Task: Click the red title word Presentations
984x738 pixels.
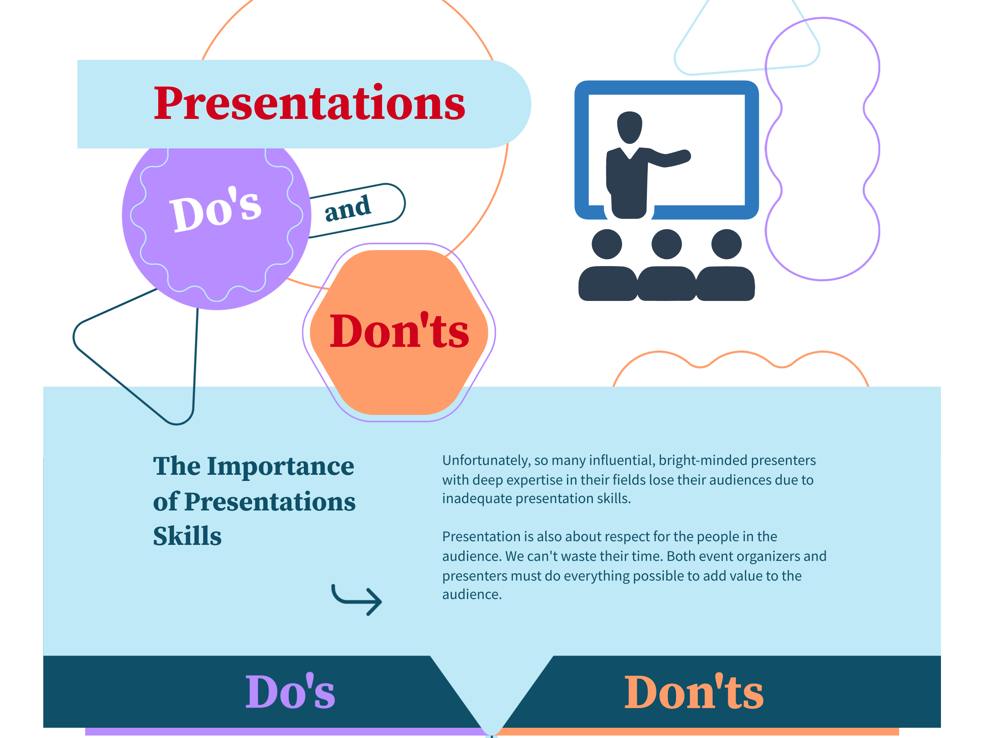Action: coord(309,103)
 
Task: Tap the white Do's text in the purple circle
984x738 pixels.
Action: coord(215,209)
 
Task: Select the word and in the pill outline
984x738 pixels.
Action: coord(347,208)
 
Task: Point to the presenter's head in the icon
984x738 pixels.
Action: coord(629,127)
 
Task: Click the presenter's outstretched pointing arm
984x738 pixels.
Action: coord(669,158)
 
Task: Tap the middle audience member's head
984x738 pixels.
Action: coord(666,244)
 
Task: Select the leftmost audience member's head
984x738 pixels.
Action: coord(607,244)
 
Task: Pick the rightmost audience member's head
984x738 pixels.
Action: coord(727,244)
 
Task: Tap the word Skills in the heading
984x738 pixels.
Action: coord(187,536)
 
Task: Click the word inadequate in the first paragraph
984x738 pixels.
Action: coord(477,499)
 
